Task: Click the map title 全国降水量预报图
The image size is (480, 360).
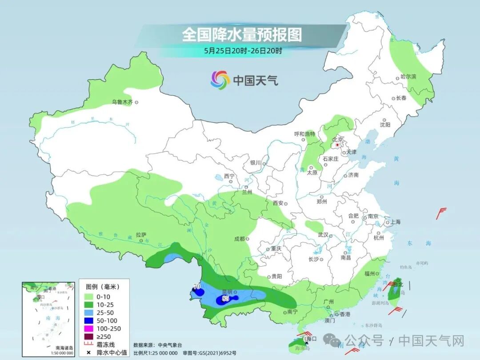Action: point(242,35)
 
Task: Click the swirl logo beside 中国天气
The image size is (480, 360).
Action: point(220,80)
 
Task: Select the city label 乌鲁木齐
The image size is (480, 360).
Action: point(122,102)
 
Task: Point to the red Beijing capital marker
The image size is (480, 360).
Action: point(337,145)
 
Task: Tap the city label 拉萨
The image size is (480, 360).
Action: point(141,235)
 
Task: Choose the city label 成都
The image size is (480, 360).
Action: point(239,239)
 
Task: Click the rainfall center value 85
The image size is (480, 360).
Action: point(225,299)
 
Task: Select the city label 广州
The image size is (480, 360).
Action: point(328,302)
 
